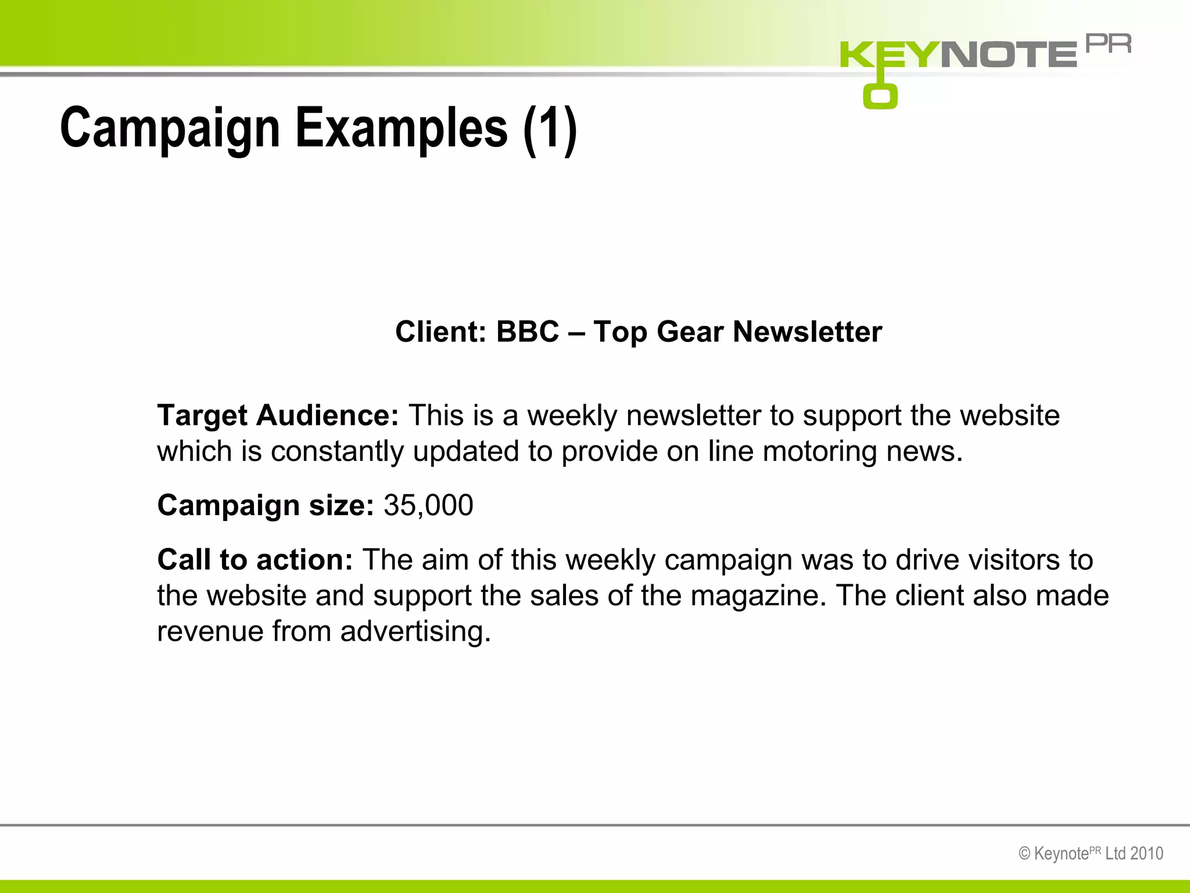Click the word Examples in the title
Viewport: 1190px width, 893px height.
[402, 128]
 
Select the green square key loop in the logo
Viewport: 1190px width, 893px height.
[880, 97]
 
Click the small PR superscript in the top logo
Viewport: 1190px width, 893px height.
[1109, 44]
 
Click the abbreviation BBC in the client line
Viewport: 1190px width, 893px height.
[528, 332]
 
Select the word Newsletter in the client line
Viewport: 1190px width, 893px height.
[807, 332]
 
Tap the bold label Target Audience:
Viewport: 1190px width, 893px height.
[278, 416]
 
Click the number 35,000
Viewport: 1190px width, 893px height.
[428, 505]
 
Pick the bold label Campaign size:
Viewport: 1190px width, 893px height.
[266, 505]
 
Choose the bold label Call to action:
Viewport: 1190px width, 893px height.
[255, 560]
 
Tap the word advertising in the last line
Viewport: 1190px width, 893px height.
[415, 632]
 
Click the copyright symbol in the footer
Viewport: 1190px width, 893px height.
[1025, 853]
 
